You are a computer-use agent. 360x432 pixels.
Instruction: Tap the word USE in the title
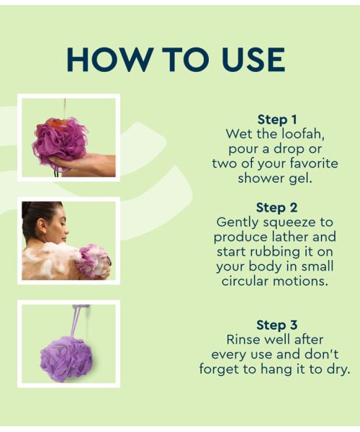tap(247, 60)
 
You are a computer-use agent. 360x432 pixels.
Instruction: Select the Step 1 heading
tap(277, 120)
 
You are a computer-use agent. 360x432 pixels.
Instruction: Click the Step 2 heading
tap(276, 208)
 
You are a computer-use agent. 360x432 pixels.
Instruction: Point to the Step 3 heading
tap(276, 325)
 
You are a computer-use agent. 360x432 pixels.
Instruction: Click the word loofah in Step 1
tap(299, 134)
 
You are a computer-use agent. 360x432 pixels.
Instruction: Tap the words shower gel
tap(276, 178)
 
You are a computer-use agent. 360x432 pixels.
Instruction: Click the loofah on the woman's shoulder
tap(94, 261)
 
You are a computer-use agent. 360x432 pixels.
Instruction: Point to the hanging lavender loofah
tap(66, 359)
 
